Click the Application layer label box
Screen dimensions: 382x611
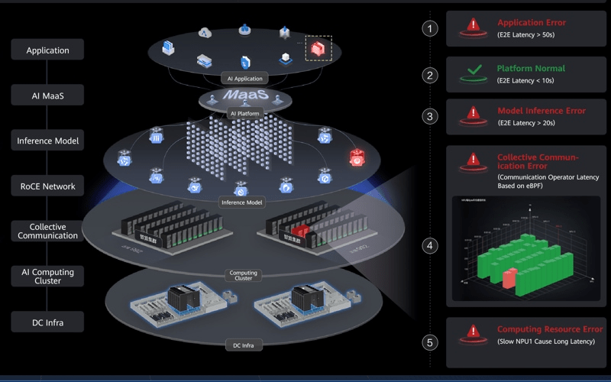point(47,50)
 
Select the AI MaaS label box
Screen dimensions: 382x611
point(47,95)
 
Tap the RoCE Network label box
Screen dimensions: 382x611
point(47,186)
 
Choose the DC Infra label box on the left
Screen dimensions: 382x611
point(47,322)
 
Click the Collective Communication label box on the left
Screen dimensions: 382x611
point(47,231)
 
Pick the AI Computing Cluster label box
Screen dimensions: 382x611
point(47,276)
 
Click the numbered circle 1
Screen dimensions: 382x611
point(432,29)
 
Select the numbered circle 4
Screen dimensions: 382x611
point(432,246)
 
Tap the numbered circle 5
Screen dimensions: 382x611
point(432,342)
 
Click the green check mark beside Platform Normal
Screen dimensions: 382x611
point(474,74)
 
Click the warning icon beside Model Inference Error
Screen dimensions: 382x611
point(474,116)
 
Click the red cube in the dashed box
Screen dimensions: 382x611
point(318,50)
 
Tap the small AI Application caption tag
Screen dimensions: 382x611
point(244,78)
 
